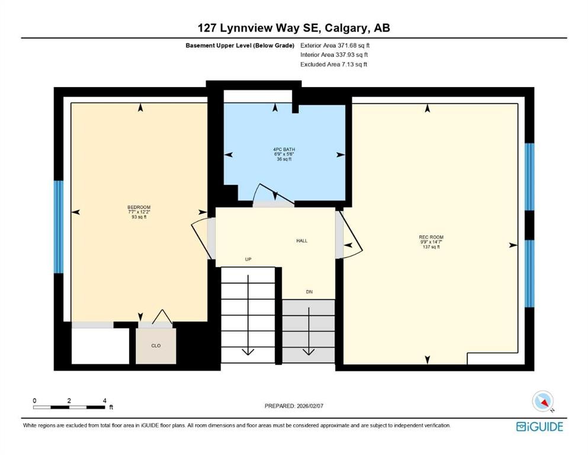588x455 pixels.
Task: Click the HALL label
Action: point(302,241)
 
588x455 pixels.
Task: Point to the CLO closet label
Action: point(156,345)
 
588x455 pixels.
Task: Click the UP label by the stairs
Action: point(249,259)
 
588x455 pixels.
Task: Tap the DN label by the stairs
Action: point(309,291)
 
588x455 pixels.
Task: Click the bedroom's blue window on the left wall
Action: point(58,227)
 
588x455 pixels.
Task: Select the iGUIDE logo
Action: point(539,426)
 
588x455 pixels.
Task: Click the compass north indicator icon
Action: point(542,402)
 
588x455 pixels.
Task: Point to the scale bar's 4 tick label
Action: point(104,400)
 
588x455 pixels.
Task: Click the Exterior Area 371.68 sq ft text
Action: point(336,45)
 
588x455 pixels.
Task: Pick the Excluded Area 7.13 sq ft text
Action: point(333,64)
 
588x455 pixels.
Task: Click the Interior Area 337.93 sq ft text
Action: point(335,55)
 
